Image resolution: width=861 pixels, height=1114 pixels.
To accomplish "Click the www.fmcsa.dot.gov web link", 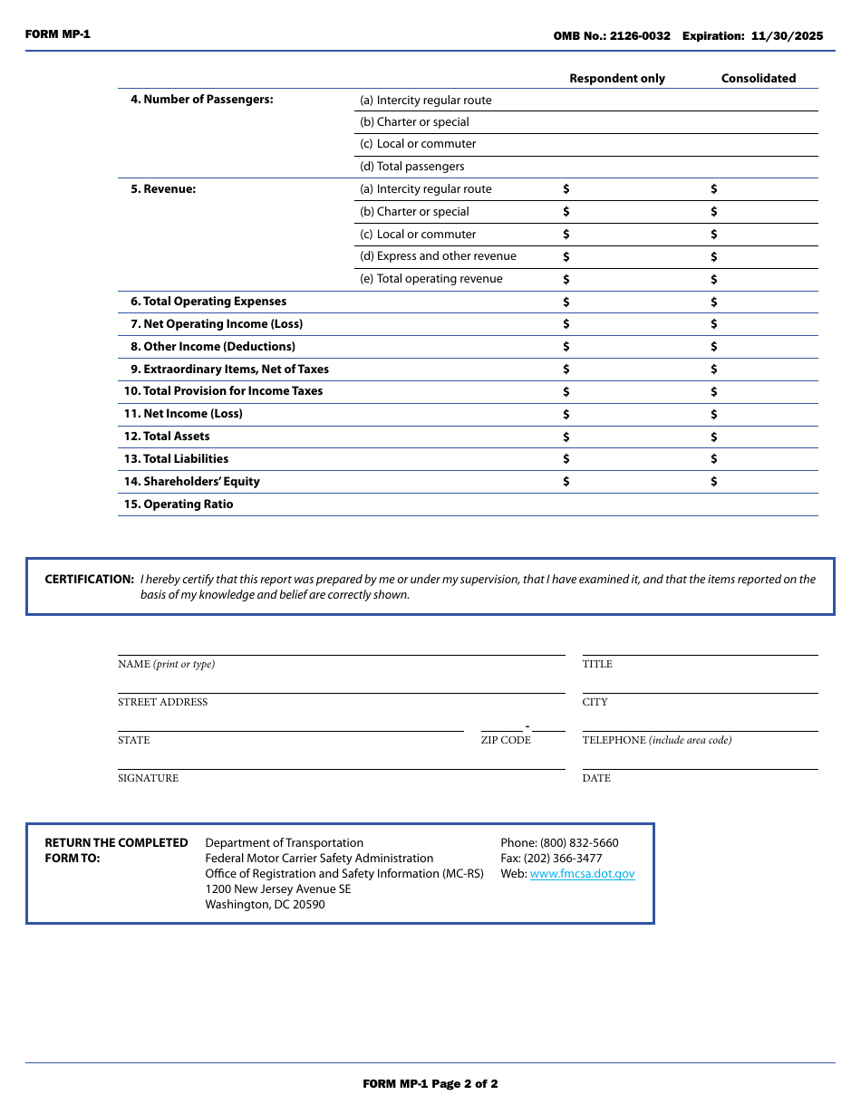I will coord(582,874).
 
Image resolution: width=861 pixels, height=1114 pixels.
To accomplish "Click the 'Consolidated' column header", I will coord(758,79).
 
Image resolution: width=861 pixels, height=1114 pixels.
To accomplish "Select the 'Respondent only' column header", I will coord(616,79).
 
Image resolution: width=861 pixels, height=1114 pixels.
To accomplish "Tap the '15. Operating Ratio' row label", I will coord(179,504).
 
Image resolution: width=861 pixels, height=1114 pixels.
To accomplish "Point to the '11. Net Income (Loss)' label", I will coord(183,414).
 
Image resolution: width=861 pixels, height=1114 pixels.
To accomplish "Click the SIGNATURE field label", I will coord(148,778).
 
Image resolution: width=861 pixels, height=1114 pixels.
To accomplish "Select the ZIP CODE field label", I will coord(506,740).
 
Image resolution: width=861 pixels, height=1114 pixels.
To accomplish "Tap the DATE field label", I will coord(596,778).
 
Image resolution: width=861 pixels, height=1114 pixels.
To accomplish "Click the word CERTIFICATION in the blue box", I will coord(89,580).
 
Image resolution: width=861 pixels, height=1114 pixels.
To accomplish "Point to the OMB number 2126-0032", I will coord(640,36).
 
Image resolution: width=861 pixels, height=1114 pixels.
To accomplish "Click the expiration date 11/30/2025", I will coord(787,36).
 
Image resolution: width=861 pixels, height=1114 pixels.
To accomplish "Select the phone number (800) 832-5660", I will coord(579,843).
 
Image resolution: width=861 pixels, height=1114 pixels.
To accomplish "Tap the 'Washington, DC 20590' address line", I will coord(265,905).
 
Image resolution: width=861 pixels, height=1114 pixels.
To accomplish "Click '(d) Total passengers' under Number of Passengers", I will coord(411,167).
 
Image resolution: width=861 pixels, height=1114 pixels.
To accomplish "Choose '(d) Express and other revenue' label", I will coord(438,256).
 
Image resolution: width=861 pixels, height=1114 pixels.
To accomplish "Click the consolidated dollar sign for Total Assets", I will coord(714,437).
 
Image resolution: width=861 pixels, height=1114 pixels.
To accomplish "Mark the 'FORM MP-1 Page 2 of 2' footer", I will coord(430,1084).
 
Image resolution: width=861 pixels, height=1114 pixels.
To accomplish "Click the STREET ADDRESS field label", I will coord(162,702).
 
